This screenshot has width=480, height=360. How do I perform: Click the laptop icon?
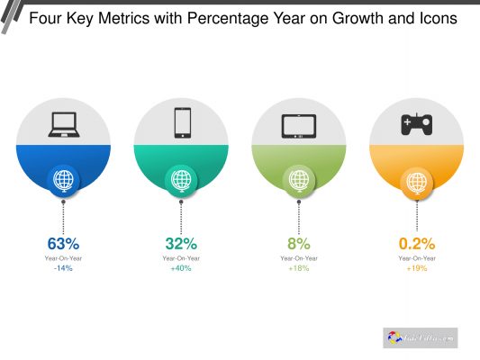click(x=63, y=123)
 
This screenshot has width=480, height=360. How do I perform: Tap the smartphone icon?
click(x=182, y=122)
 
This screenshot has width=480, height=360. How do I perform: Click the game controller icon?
click(x=416, y=124)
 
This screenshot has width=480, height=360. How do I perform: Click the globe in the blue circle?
click(x=63, y=180)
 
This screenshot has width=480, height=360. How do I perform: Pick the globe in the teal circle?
click(x=181, y=180)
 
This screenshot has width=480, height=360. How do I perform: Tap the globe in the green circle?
click(x=299, y=180)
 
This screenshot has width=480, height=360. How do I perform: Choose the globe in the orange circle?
click(x=416, y=181)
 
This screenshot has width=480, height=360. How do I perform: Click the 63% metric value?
click(x=63, y=243)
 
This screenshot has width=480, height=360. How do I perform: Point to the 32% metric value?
click(x=181, y=243)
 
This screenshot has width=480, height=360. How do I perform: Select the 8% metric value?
click(x=299, y=243)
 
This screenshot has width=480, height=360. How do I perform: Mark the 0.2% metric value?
click(x=417, y=243)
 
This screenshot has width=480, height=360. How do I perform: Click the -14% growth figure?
click(x=63, y=268)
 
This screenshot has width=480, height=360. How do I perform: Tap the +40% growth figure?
click(x=181, y=268)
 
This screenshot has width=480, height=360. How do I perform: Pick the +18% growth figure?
click(x=299, y=268)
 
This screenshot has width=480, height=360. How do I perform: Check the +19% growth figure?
click(x=417, y=268)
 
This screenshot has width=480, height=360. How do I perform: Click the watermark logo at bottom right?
click(x=421, y=337)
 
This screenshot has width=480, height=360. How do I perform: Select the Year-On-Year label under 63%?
click(x=63, y=258)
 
